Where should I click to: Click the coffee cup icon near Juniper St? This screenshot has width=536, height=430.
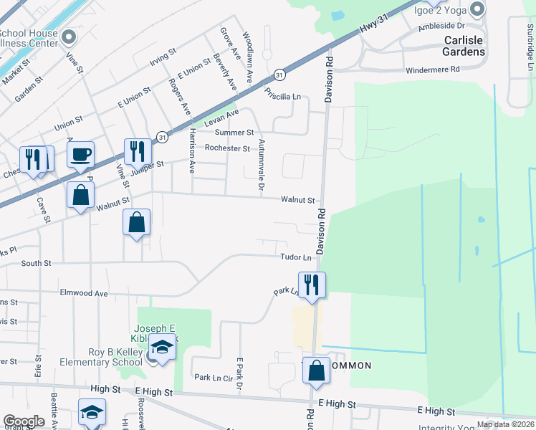(x=80, y=153)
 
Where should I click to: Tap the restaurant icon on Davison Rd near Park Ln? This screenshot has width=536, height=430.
(x=312, y=284)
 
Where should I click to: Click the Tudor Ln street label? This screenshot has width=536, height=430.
(x=296, y=257)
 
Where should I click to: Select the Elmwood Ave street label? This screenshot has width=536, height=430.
(x=83, y=293)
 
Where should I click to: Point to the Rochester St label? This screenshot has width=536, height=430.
(x=226, y=148)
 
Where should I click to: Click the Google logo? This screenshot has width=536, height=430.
(x=24, y=421)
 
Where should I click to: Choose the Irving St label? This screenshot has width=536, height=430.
(x=163, y=57)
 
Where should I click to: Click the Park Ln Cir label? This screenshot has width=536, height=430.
(x=214, y=377)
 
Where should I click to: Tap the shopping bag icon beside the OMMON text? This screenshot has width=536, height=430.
(x=316, y=370)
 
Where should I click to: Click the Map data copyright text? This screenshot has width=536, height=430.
(x=504, y=424)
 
